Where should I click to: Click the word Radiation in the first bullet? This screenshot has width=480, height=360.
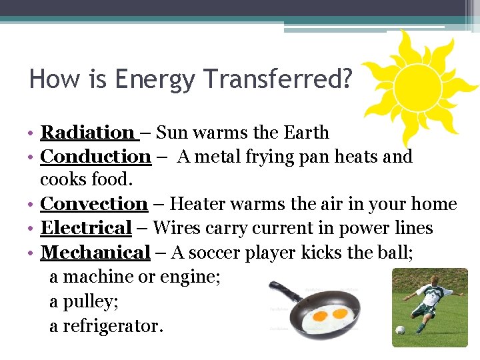87,133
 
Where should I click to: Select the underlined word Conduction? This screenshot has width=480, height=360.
96,157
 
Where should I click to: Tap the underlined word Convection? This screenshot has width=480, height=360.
94,204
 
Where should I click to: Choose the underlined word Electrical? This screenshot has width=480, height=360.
86,228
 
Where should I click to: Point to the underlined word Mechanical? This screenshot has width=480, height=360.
95,252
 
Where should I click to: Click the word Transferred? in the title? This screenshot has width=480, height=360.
279,79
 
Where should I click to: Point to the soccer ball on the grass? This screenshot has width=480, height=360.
399,329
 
